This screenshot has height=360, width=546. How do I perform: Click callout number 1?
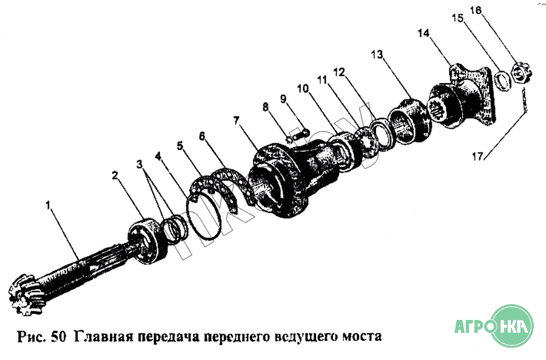(48, 205)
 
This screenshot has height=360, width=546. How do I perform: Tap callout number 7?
(237, 121)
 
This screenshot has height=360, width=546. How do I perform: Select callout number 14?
(424, 33)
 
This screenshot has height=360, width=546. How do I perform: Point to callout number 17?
(478, 157)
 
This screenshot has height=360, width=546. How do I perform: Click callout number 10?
(303, 89)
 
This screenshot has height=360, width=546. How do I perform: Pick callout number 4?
(158, 157)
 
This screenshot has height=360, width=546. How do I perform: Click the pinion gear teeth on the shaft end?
(26, 295)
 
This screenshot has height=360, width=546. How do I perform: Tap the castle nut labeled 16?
(521, 73)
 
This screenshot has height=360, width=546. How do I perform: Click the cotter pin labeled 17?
(525, 101)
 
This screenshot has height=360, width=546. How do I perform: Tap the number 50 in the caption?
(58, 337)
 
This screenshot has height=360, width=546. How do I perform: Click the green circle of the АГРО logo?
(511, 327)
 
